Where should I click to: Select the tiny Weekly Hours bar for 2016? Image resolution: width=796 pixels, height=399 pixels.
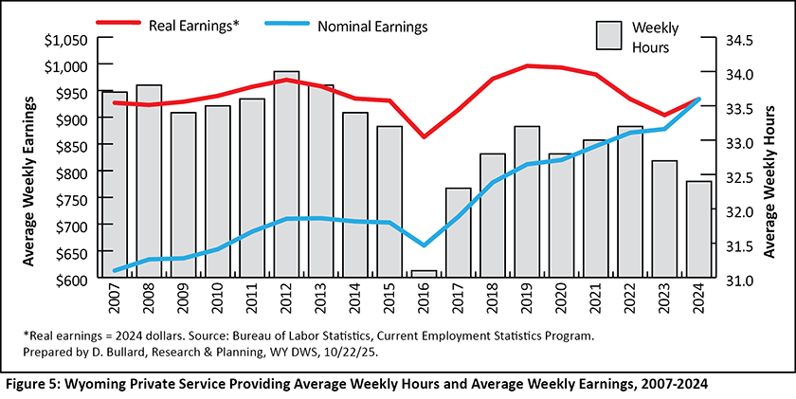click(424, 276)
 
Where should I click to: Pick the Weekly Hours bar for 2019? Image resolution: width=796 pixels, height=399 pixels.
click(527, 203)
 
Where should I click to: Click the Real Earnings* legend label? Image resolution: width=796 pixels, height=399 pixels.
click(193, 26)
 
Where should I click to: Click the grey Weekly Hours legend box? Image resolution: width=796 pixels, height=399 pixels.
click(608, 36)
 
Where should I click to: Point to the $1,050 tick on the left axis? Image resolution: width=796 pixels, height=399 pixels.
click(65, 40)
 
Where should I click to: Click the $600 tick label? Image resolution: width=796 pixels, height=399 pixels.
click(71, 281)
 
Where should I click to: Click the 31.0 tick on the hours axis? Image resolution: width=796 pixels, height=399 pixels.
click(713, 281)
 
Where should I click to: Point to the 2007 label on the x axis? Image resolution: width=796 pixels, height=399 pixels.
click(115, 300)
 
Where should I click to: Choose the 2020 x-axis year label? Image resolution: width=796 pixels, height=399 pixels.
click(561, 300)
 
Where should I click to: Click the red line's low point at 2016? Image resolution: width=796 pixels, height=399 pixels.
click(424, 136)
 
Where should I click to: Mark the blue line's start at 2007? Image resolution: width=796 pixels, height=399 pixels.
click(115, 270)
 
